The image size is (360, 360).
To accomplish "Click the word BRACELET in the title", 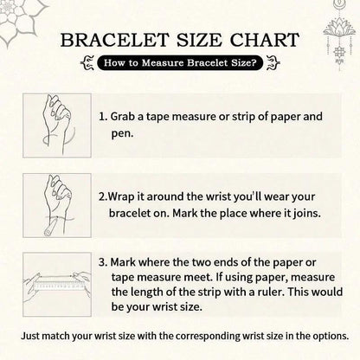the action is (114, 40).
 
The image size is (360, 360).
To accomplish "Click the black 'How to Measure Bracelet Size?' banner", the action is (180, 62).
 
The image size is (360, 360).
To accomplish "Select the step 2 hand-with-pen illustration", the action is (57, 205).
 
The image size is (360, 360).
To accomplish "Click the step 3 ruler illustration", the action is (57, 285).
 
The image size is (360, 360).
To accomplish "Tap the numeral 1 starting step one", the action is (101, 117).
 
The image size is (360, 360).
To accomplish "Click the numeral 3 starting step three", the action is (102, 262).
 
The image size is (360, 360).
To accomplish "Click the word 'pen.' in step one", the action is (123, 134).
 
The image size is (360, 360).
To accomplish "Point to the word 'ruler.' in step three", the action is (270, 292).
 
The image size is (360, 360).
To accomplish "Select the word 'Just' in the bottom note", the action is (30, 337).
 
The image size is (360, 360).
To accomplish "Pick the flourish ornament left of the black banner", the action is (87, 63).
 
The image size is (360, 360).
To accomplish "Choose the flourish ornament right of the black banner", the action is (273, 63).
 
